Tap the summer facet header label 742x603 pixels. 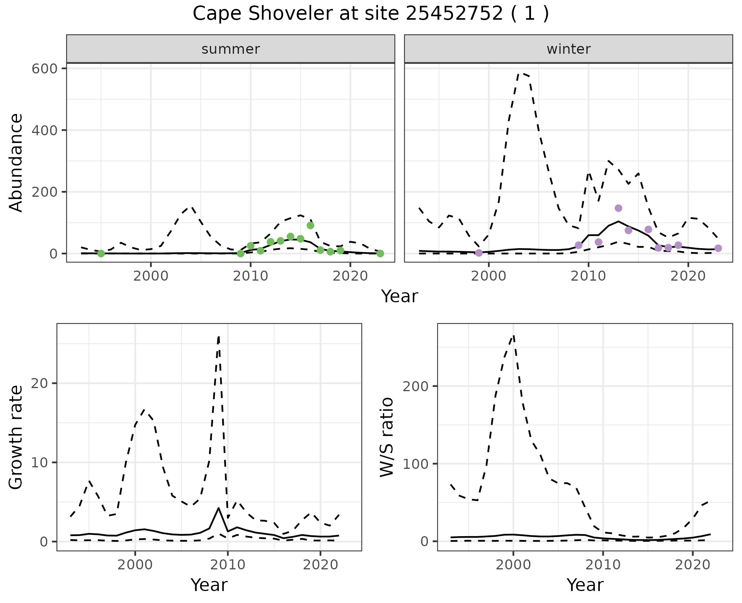[230, 49]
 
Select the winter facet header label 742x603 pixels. [568, 49]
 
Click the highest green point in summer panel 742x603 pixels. [310, 225]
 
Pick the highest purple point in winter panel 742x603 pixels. [618, 208]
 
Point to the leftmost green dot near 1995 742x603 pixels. [101, 254]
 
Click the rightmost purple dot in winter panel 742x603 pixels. [718, 248]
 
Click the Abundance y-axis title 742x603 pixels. [16, 162]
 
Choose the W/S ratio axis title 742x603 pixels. [386, 437]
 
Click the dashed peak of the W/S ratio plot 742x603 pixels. [513, 336]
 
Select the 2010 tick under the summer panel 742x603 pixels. [250, 276]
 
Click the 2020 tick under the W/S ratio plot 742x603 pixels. [693, 565]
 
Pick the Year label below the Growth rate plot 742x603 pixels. [209, 585]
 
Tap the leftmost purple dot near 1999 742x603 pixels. [479, 253]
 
